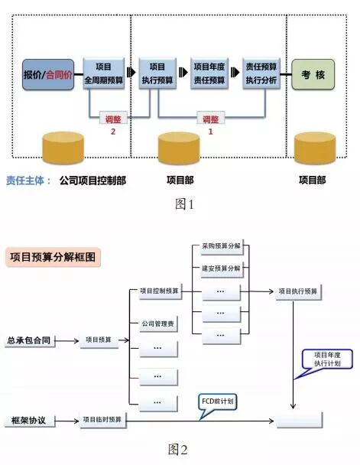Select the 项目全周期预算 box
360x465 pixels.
[x=103, y=73]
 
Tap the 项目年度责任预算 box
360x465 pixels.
[x=209, y=73]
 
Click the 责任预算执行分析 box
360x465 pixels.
[x=260, y=73]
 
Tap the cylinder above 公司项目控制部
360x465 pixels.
[x=63, y=148]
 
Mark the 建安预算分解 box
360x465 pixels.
[x=221, y=268]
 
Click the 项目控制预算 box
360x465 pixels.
[x=160, y=291]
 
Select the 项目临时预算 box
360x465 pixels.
[x=102, y=419]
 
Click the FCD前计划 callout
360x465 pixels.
[x=216, y=400]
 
